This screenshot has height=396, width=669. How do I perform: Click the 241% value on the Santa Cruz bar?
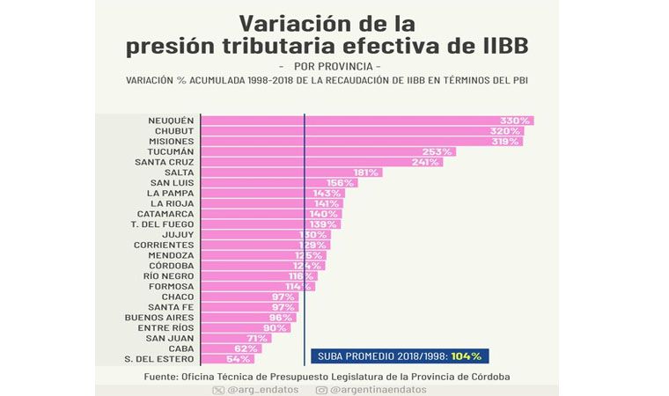pyautogui.click(x=425, y=162)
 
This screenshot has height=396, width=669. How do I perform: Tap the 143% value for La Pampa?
pyautogui.click(x=327, y=193)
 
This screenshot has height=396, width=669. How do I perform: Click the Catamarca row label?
pyautogui.click(x=165, y=214)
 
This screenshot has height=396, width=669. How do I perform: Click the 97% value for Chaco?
pyautogui.click(x=283, y=297)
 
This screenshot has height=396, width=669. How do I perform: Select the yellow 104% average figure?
pyautogui.click(x=466, y=356)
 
